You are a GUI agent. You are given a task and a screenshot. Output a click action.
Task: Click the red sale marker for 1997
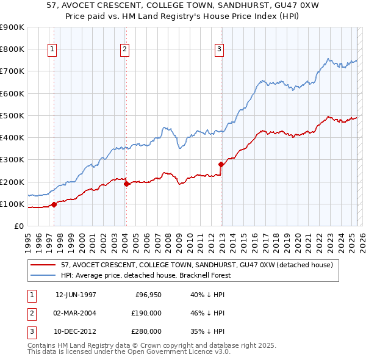click(54, 204)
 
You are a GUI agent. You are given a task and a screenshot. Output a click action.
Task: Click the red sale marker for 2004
click(126, 184)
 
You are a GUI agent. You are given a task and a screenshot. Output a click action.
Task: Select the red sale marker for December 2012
click(221, 164)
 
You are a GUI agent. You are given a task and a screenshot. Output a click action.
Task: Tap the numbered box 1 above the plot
click(52, 50)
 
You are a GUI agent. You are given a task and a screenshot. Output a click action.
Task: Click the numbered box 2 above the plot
click(124, 50)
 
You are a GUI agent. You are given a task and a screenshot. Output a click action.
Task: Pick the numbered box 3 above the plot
click(219, 50)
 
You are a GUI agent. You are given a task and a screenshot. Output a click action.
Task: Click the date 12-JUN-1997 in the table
click(76, 295)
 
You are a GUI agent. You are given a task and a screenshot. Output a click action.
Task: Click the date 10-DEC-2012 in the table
click(76, 331)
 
